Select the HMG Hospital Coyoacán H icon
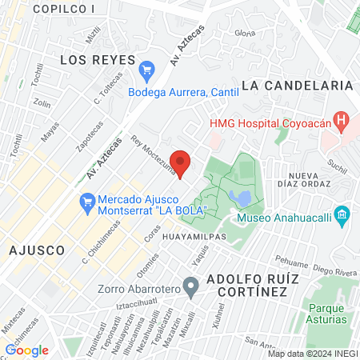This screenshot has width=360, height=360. point(342,122)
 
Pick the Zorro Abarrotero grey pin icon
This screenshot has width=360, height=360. point(190,286)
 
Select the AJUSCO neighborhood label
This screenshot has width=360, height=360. point(36,250)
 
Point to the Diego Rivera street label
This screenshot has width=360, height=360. point(334,270)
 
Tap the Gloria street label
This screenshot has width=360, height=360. point(245,33)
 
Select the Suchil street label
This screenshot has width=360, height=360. point(337,167)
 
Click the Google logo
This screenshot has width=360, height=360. point(26,350)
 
